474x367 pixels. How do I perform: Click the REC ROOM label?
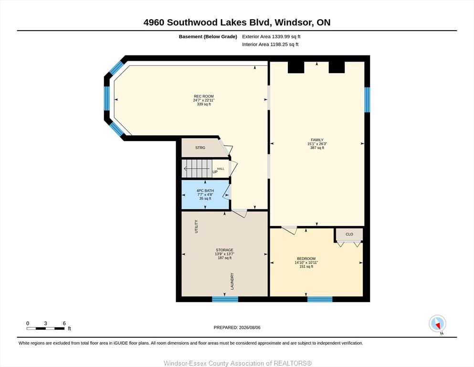(204, 96)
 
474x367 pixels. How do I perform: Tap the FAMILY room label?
(317, 140)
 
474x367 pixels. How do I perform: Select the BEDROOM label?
(306, 259)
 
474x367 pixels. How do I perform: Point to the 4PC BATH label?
(205, 191)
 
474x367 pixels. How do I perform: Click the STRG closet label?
(200, 148)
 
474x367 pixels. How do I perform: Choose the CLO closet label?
(349, 234)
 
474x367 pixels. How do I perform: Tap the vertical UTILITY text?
(196, 227)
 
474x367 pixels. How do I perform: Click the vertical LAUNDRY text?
(232, 281)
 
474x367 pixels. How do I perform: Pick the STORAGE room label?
(224, 250)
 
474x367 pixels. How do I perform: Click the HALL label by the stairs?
(221, 169)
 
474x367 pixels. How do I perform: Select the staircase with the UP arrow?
(197, 169)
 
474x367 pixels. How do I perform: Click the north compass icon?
(437, 324)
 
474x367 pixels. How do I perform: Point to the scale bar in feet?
(46, 328)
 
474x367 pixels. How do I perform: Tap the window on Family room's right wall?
(367, 99)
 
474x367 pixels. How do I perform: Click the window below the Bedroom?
(320, 299)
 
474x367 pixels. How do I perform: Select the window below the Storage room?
(225, 299)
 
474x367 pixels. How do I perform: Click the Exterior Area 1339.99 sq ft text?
(271, 37)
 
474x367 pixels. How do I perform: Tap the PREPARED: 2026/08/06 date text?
(237, 327)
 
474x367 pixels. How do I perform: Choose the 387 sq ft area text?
(317, 148)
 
